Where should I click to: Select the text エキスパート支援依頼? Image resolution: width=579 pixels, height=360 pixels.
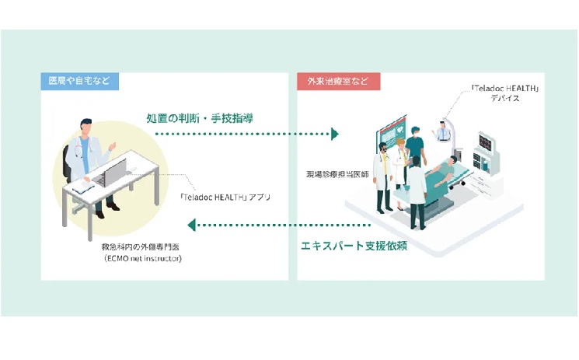(x=354, y=246)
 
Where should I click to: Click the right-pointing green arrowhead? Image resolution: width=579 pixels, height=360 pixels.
(x=334, y=135)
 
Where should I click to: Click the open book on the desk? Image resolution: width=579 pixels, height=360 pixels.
(x=80, y=187)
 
